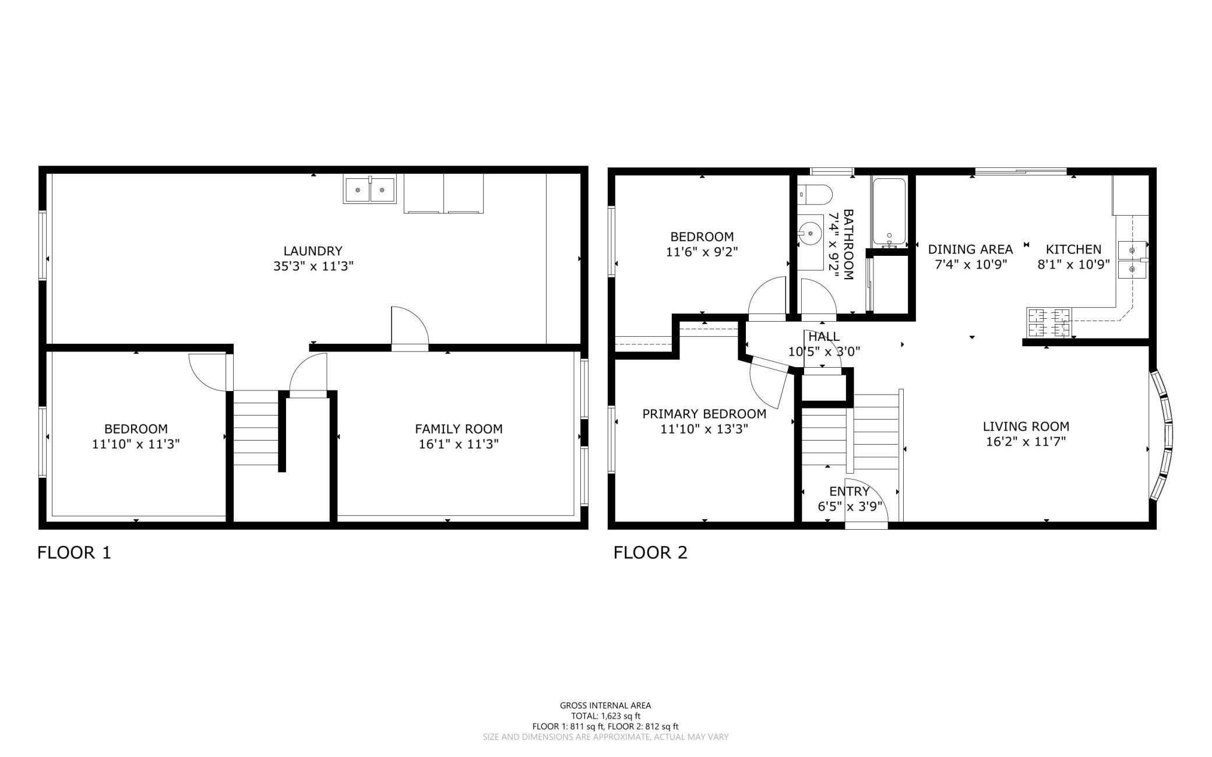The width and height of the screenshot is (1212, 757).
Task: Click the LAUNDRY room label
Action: click(x=313, y=251)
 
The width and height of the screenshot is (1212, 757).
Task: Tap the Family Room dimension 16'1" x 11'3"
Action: click(x=459, y=444)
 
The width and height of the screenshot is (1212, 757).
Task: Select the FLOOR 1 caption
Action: click(x=74, y=552)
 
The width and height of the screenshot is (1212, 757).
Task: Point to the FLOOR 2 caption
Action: click(x=650, y=552)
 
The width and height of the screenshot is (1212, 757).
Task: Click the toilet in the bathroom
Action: click(x=815, y=195)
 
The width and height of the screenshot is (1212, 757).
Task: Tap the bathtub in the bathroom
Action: click(x=889, y=213)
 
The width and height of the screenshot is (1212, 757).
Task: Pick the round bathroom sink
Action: click(x=810, y=233)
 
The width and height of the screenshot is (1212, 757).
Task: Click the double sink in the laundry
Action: click(x=369, y=189)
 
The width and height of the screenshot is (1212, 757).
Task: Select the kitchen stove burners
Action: click(x=1049, y=323)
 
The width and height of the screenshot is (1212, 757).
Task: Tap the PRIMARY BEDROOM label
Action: click(x=704, y=414)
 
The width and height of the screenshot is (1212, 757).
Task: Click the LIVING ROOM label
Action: click(x=1026, y=426)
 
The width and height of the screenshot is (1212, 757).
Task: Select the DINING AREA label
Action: click(x=970, y=249)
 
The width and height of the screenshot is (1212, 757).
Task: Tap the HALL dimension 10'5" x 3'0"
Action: click(x=824, y=351)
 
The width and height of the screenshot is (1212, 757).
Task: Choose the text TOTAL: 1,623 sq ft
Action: click(x=605, y=716)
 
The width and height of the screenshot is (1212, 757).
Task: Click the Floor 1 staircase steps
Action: click(x=256, y=428)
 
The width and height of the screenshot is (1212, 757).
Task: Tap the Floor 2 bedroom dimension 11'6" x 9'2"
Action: click(x=702, y=252)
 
